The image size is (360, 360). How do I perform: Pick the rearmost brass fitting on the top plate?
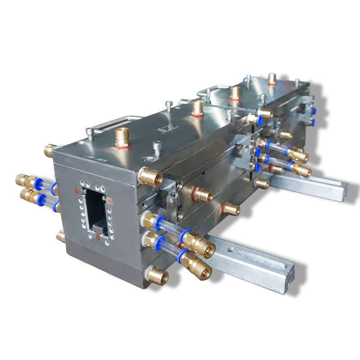coord(271,79)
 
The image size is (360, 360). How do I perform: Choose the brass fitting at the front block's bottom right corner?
coord(157,274)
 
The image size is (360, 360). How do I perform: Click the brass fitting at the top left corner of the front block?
coord(50,149)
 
